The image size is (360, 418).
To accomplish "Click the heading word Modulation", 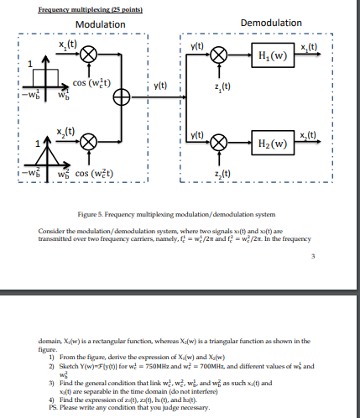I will pos(99,24).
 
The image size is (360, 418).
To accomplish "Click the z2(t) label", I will pos(222,173).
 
